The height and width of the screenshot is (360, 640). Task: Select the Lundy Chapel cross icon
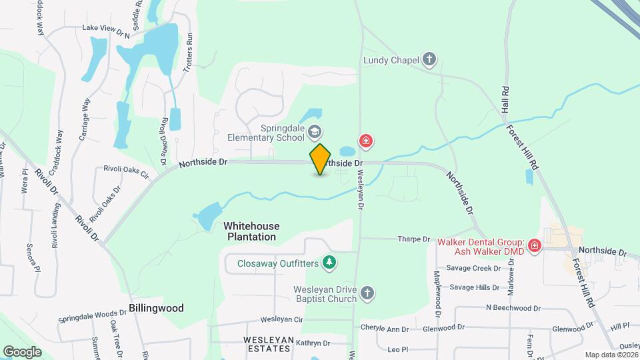pyautogui.click(x=430, y=60)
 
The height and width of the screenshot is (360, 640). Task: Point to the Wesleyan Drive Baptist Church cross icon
pyautogui.click(x=367, y=293)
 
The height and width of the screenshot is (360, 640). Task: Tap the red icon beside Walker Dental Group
pyautogui.click(x=534, y=247)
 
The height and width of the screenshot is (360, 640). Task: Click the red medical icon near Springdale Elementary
pyautogui.click(x=365, y=141)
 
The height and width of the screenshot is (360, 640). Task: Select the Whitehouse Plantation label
pyautogui.click(x=251, y=231)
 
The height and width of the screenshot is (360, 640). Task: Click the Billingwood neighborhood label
pyautogui.click(x=156, y=309)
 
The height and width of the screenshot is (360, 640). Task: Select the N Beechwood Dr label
pyautogui.click(x=513, y=308)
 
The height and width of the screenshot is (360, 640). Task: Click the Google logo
pyautogui.click(x=22, y=351)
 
